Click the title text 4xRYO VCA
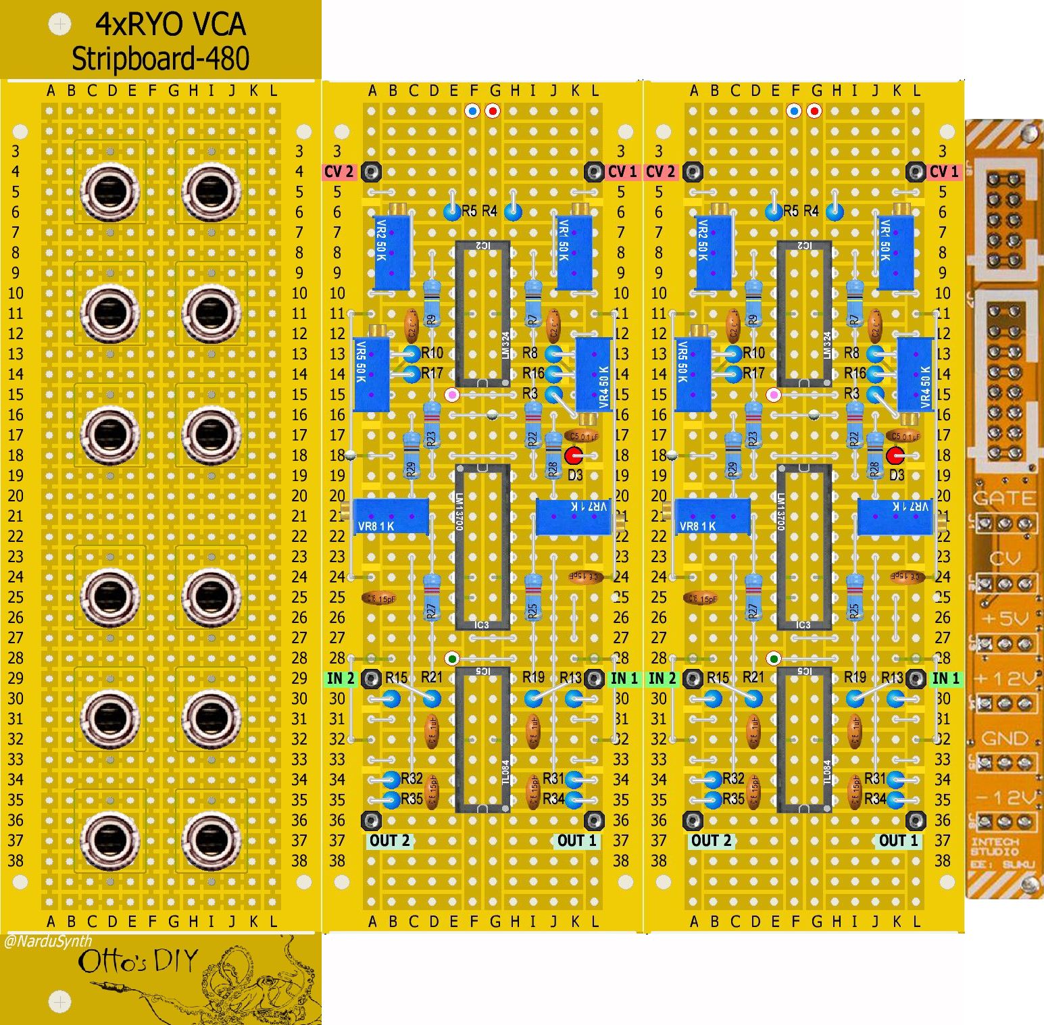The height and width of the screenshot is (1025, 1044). tap(170, 25)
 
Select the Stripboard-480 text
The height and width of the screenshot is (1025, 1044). tap(161, 59)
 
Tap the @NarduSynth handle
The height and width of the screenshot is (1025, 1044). tap(47, 941)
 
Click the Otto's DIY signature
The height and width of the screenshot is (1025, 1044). tap(138, 961)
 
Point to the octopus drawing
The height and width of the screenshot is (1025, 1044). tap(257, 980)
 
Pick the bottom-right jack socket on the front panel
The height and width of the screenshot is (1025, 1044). tap(211, 839)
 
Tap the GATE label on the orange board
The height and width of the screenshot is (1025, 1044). tap(1003, 499)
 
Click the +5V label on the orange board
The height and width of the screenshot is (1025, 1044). tap(1005, 619)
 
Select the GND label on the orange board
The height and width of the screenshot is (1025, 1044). tap(1004, 739)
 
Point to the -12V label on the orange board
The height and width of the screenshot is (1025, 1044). tap(1005, 798)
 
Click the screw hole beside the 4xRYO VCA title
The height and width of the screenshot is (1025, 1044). tap(60, 25)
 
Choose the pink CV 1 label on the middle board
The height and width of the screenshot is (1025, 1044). tap(622, 172)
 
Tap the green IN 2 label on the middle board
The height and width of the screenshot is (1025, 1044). tap(341, 678)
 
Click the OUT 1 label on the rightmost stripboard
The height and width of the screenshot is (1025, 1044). tap(898, 841)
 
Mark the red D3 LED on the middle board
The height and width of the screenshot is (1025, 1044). tap(573, 455)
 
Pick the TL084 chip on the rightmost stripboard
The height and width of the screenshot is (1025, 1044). tap(803, 740)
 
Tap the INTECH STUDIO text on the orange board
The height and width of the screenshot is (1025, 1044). tap(994, 847)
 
